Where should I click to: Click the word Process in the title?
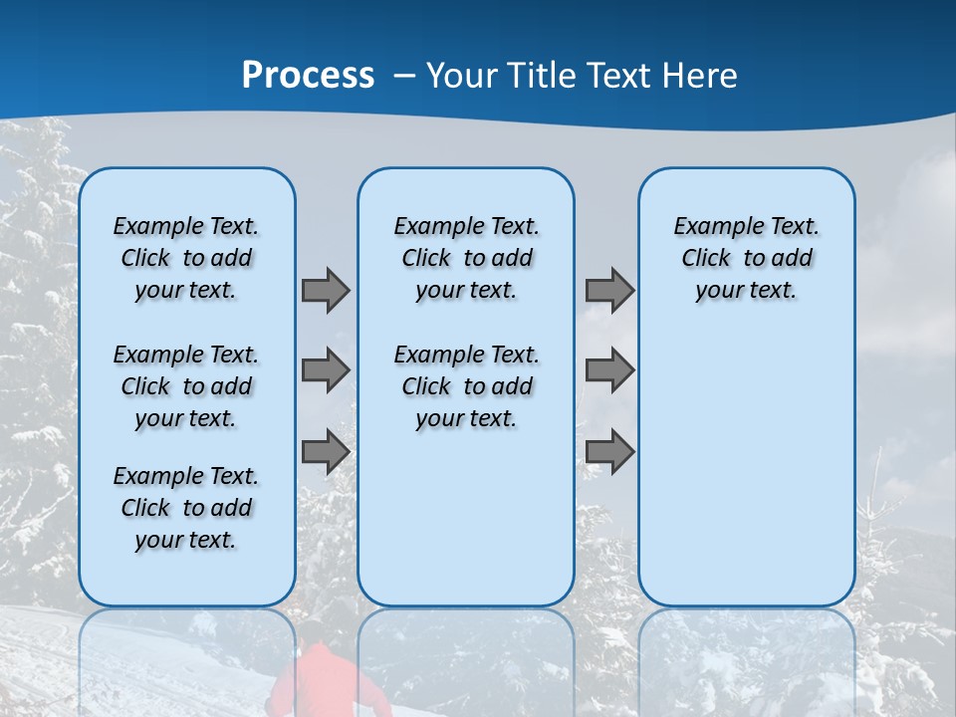(x=308, y=75)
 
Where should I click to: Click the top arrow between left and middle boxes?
(x=326, y=290)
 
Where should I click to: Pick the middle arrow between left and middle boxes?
(x=326, y=370)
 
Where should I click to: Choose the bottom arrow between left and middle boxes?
(x=326, y=452)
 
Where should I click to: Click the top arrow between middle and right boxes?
(x=609, y=290)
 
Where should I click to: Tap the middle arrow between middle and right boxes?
(x=609, y=370)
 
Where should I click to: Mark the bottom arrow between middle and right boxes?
(x=609, y=452)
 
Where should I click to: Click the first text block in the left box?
(x=186, y=258)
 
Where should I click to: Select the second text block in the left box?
(x=186, y=386)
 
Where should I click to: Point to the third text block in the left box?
(x=186, y=508)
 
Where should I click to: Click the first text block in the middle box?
(x=466, y=258)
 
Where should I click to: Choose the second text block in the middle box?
(x=466, y=386)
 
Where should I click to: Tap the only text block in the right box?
(x=746, y=258)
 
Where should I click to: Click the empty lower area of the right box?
(x=746, y=468)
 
